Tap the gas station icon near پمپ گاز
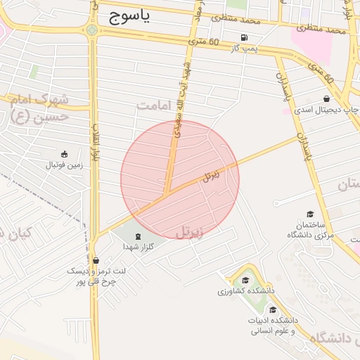click(244, 38)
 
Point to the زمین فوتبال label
click(64, 165)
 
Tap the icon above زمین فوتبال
click(64, 154)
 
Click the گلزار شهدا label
click(138, 247)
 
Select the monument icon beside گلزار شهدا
click(137, 236)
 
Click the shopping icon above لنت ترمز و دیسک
click(96, 260)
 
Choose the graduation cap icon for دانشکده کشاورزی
click(245, 280)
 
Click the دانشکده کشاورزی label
click(245, 290)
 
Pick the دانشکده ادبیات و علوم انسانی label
click(272, 325)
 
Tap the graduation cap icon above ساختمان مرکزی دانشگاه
click(310, 214)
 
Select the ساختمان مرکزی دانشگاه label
click(310, 230)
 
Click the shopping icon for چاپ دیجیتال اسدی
click(326, 99)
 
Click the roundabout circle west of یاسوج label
click(92, 30)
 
